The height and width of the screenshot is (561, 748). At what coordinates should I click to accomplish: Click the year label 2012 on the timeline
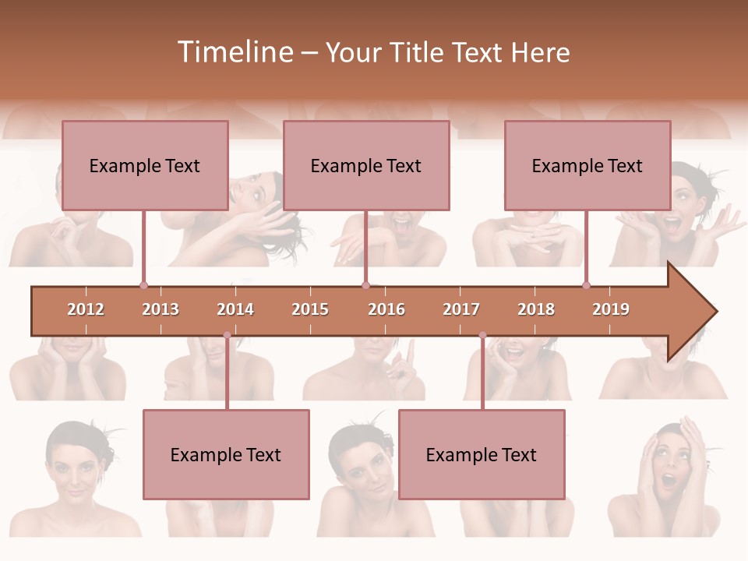tap(86, 309)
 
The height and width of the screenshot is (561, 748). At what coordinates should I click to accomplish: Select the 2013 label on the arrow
tap(161, 309)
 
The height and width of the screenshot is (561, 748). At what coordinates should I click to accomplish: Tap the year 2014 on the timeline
tap(235, 309)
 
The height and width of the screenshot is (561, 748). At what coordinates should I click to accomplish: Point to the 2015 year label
tap(310, 309)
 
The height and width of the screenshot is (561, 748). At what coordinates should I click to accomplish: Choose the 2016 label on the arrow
tap(386, 309)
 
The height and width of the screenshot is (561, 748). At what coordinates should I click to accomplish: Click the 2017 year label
tap(461, 309)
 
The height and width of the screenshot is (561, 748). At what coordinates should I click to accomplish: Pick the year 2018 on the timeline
tap(536, 309)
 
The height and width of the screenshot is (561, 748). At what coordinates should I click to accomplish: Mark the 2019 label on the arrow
tap(611, 309)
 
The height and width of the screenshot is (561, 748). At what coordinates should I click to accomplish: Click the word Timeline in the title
tap(234, 52)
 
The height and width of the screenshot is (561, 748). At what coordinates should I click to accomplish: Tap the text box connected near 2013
tap(145, 165)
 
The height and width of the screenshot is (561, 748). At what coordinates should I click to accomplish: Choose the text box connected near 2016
tap(366, 165)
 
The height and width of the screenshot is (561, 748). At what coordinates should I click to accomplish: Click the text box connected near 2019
tap(587, 165)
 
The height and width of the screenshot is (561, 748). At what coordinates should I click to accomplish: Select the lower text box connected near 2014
tap(226, 454)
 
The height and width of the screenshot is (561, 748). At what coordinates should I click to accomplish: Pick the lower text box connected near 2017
tap(482, 454)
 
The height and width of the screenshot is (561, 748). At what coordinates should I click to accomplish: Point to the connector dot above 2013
tap(143, 285)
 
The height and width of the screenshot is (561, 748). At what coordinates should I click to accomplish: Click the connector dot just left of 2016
tap(365, 285)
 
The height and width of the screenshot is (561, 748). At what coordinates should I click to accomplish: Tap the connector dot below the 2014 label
tap(227, 335)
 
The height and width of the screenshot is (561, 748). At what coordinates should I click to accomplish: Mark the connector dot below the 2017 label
tap(482, 335)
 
